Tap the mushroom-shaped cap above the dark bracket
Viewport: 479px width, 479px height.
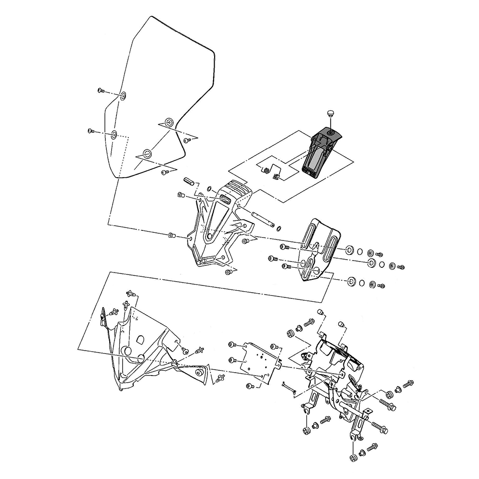tap(330, 114)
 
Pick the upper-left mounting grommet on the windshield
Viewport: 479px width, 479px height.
tap(123, 96)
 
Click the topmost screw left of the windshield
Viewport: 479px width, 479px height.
tap(101, 90)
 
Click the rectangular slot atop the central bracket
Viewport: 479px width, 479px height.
tap(224, 201)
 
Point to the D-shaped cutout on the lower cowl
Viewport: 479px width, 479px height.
tap(139, 339)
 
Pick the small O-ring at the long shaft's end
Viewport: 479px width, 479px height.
tap(279, 227)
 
